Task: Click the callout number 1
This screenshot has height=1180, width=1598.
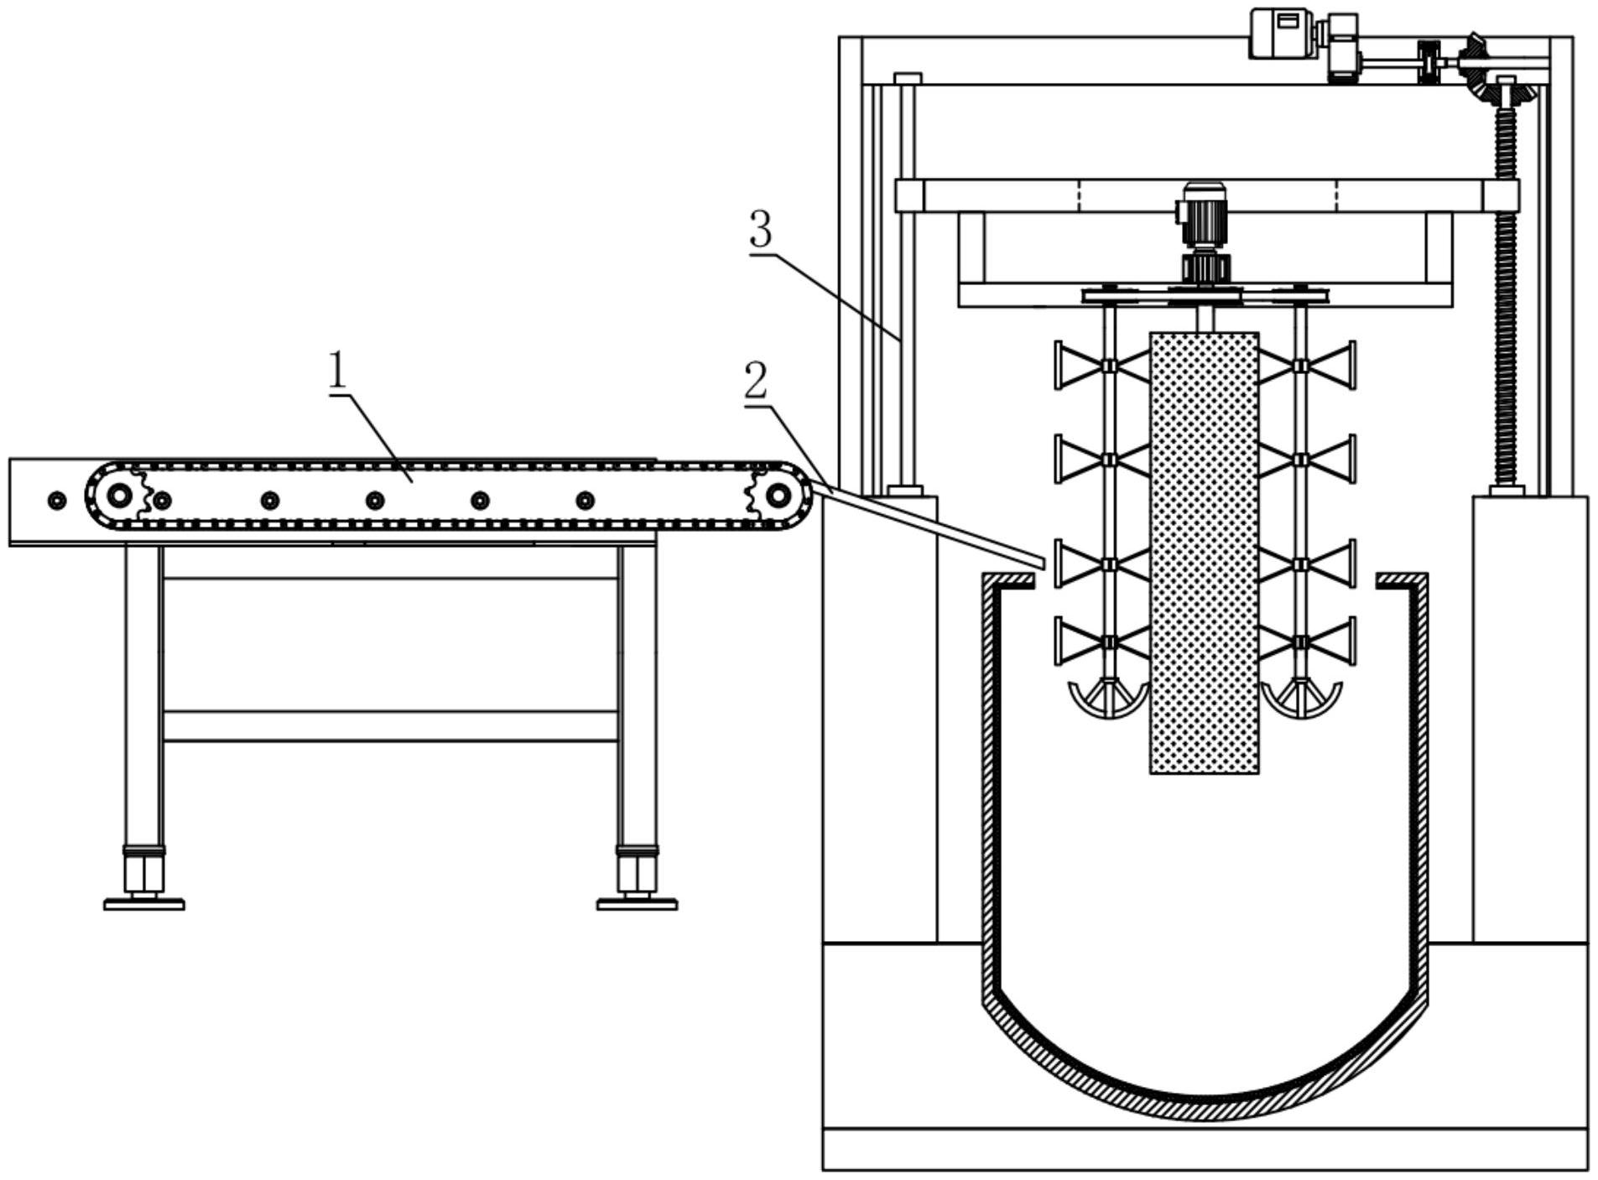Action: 337,370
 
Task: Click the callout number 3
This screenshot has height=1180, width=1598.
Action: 761,229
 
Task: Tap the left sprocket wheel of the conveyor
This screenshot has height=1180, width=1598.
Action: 121,496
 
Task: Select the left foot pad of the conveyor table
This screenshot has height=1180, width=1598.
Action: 144,904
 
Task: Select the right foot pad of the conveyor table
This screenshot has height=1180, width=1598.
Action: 638,904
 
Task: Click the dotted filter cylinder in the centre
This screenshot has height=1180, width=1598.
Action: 1204,553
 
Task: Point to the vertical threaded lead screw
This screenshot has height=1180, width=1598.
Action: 1507,294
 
